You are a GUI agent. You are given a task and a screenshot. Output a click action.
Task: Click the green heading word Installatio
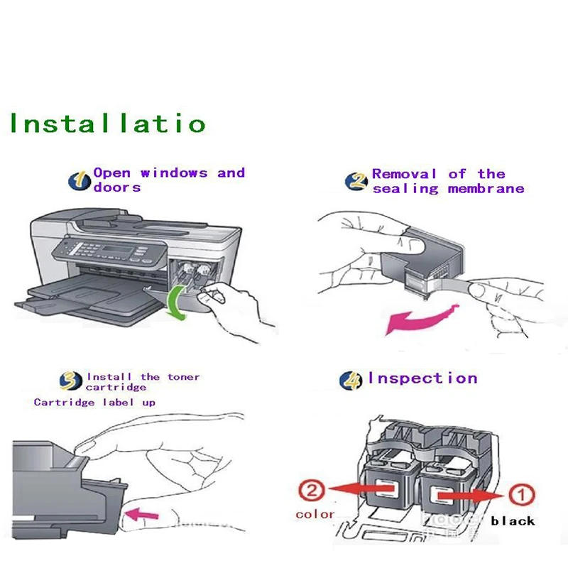(106, 123)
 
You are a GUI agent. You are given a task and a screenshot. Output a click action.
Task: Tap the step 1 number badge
(80, 180)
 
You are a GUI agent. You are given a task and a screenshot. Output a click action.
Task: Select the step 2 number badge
(356, 181)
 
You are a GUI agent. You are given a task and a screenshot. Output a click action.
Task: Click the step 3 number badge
(70, 381)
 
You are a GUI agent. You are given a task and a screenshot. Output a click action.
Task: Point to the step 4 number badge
(351, 380)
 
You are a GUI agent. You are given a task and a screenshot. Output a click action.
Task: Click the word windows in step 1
(174, 173)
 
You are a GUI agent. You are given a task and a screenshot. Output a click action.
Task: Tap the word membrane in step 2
(486, 189)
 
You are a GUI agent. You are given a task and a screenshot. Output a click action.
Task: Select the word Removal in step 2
(404, 174)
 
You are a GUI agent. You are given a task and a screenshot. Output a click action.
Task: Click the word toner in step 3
(184, 377)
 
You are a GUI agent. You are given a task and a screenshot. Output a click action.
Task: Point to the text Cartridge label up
(94, 403)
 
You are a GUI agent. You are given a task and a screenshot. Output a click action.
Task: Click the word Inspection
(422, 378)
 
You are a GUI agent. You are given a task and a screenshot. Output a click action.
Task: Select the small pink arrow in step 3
(140, 511)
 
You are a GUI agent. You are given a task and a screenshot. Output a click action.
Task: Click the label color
(315, 513)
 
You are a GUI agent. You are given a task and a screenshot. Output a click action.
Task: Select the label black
(513, 521)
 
